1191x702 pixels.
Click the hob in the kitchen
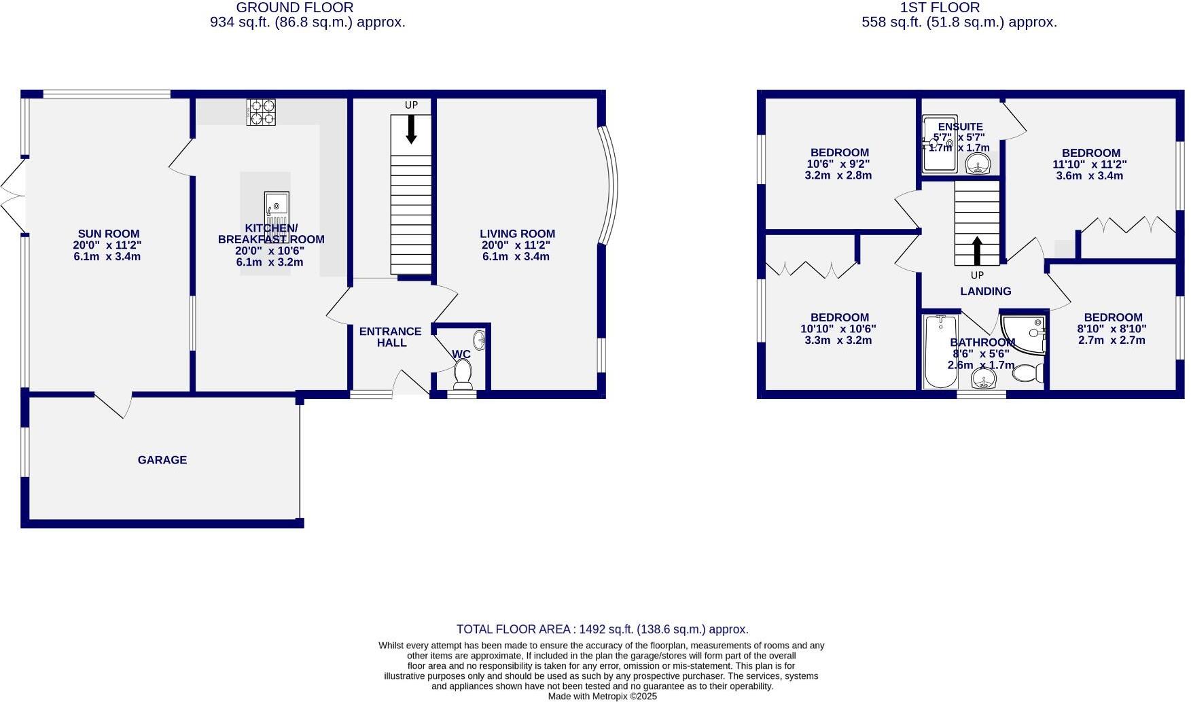point(262,112)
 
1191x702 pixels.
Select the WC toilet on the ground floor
point(463,374)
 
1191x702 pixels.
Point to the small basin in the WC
point(479,340)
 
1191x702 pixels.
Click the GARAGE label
point(162,460)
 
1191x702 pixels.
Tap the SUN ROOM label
point(108,234)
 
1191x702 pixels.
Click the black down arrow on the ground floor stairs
point(411,129)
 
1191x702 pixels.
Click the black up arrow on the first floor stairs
point(977,250)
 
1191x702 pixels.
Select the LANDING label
point(985,291)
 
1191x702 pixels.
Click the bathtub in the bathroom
point(940,351)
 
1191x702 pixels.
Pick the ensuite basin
point(978,164)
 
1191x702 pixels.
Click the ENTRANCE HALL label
point(391,337)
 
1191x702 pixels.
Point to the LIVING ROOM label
point(517,234)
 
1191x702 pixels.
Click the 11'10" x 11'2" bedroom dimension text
point(1090,164)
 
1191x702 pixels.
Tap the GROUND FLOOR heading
point(294,7)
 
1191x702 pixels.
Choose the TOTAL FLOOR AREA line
point(602,629)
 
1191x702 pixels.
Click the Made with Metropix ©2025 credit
point(602,696)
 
